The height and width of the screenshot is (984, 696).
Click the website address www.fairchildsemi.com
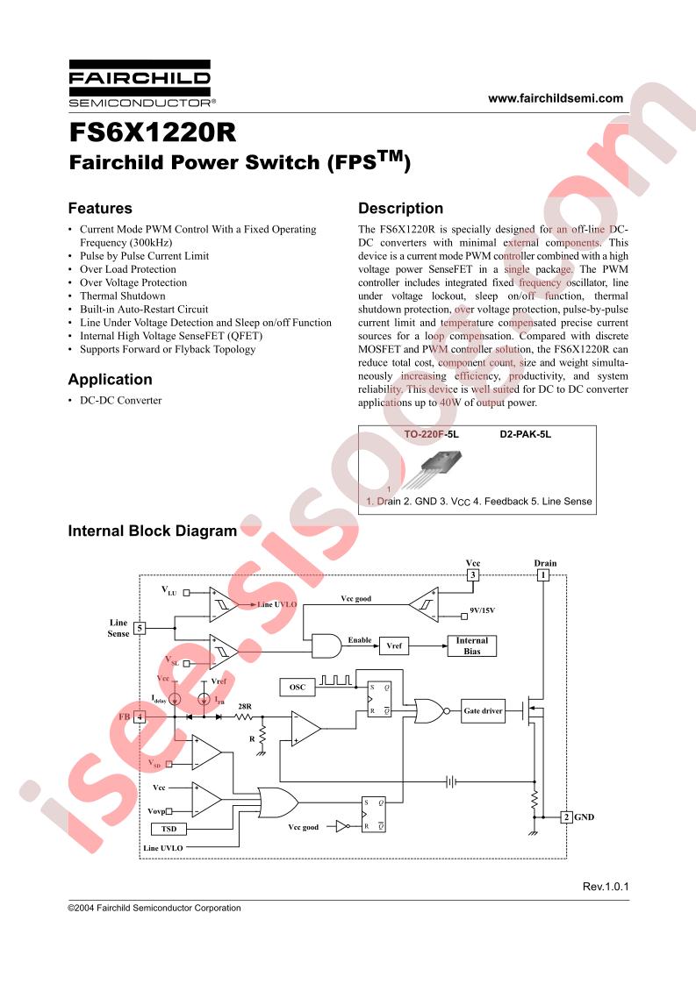coord(556,98)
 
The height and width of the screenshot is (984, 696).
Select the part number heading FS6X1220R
coord(153,132)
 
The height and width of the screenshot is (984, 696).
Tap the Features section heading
coord(100,209)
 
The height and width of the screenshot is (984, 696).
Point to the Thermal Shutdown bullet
coord(123,296)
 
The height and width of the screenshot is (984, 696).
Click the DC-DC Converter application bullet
coord(120,401)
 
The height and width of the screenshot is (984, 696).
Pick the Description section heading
coord(401,209)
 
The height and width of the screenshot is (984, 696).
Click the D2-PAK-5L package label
coord(525,434)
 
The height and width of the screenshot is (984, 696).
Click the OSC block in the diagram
coord(298,688)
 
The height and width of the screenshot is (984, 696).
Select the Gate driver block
coord(483,711)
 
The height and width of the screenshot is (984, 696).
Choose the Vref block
coord(394,645)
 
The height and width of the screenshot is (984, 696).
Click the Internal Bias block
coord(471,645)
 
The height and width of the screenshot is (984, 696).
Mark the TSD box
coord(169,829)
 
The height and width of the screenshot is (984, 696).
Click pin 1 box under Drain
coord(543,574)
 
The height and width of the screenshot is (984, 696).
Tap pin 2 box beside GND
coord(566,817)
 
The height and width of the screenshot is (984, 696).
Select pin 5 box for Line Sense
coord(140,628)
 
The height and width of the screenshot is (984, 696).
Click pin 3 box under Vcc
coord(472,574)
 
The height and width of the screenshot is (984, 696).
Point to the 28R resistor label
coord(244,706)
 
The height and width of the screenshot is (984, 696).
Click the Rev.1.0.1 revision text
coord(606,887)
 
